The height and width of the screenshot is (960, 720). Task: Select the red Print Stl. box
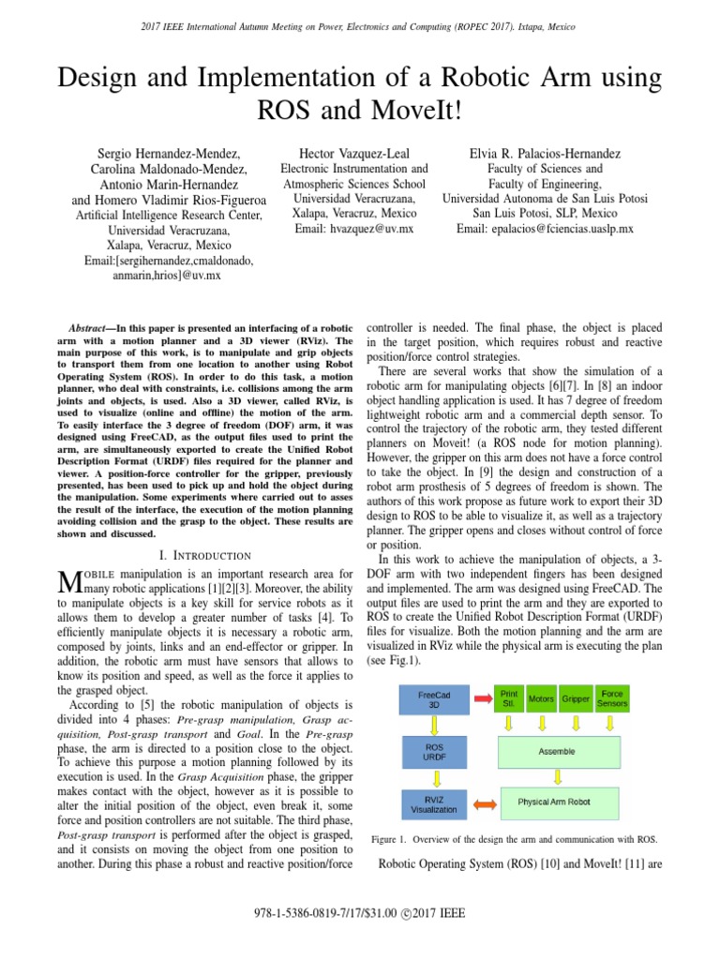508,699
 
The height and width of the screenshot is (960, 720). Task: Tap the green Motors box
541,699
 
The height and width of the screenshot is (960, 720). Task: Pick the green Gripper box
576,699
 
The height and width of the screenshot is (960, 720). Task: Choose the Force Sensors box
612,699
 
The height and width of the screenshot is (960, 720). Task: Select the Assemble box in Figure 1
557,751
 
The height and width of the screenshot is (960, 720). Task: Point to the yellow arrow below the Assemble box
560,776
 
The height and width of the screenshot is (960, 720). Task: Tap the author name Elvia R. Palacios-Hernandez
546,153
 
